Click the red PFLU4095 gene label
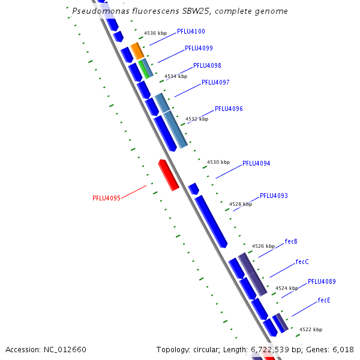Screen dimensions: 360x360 click(107, 198)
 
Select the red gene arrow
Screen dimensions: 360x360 click(169, 175)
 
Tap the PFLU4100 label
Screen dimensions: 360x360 click(191, 31)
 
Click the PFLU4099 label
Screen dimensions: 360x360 click(199, 48)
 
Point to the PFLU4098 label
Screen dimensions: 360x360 click(207, 65)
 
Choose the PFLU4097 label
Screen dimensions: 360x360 click(215, 82)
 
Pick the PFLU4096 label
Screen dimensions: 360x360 click(229, 109)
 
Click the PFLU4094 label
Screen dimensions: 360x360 click(256, 163)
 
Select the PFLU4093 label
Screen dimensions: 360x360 click(274, 196)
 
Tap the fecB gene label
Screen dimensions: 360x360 click(291, 241)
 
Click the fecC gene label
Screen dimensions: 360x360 click(302, 262)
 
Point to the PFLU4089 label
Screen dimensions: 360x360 click(322, 281)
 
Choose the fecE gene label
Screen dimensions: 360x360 click(324, 300)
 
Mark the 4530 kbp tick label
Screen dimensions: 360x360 click(218, 162)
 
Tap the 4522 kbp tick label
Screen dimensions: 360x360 click(311, 329)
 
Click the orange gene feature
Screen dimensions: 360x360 click(137, 50)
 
